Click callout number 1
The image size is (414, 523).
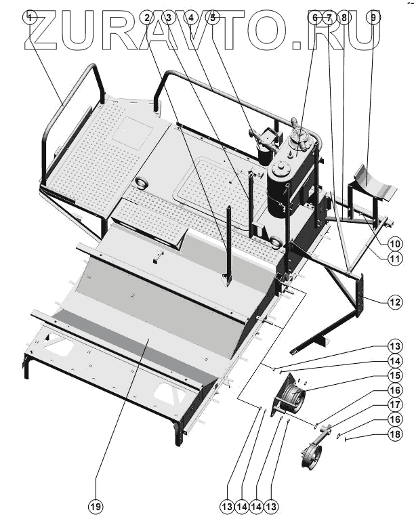30,17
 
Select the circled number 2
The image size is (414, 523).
148,17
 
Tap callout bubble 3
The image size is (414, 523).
169,17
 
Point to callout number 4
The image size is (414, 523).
191,17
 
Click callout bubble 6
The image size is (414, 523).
314,17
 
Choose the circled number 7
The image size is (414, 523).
329,17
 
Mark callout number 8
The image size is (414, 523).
344,17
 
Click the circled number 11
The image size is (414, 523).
395,258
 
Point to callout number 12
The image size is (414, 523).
395,303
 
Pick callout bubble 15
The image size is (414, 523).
395,375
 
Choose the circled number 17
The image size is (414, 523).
395,405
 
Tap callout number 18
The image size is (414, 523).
395,434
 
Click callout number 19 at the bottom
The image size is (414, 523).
96,505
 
